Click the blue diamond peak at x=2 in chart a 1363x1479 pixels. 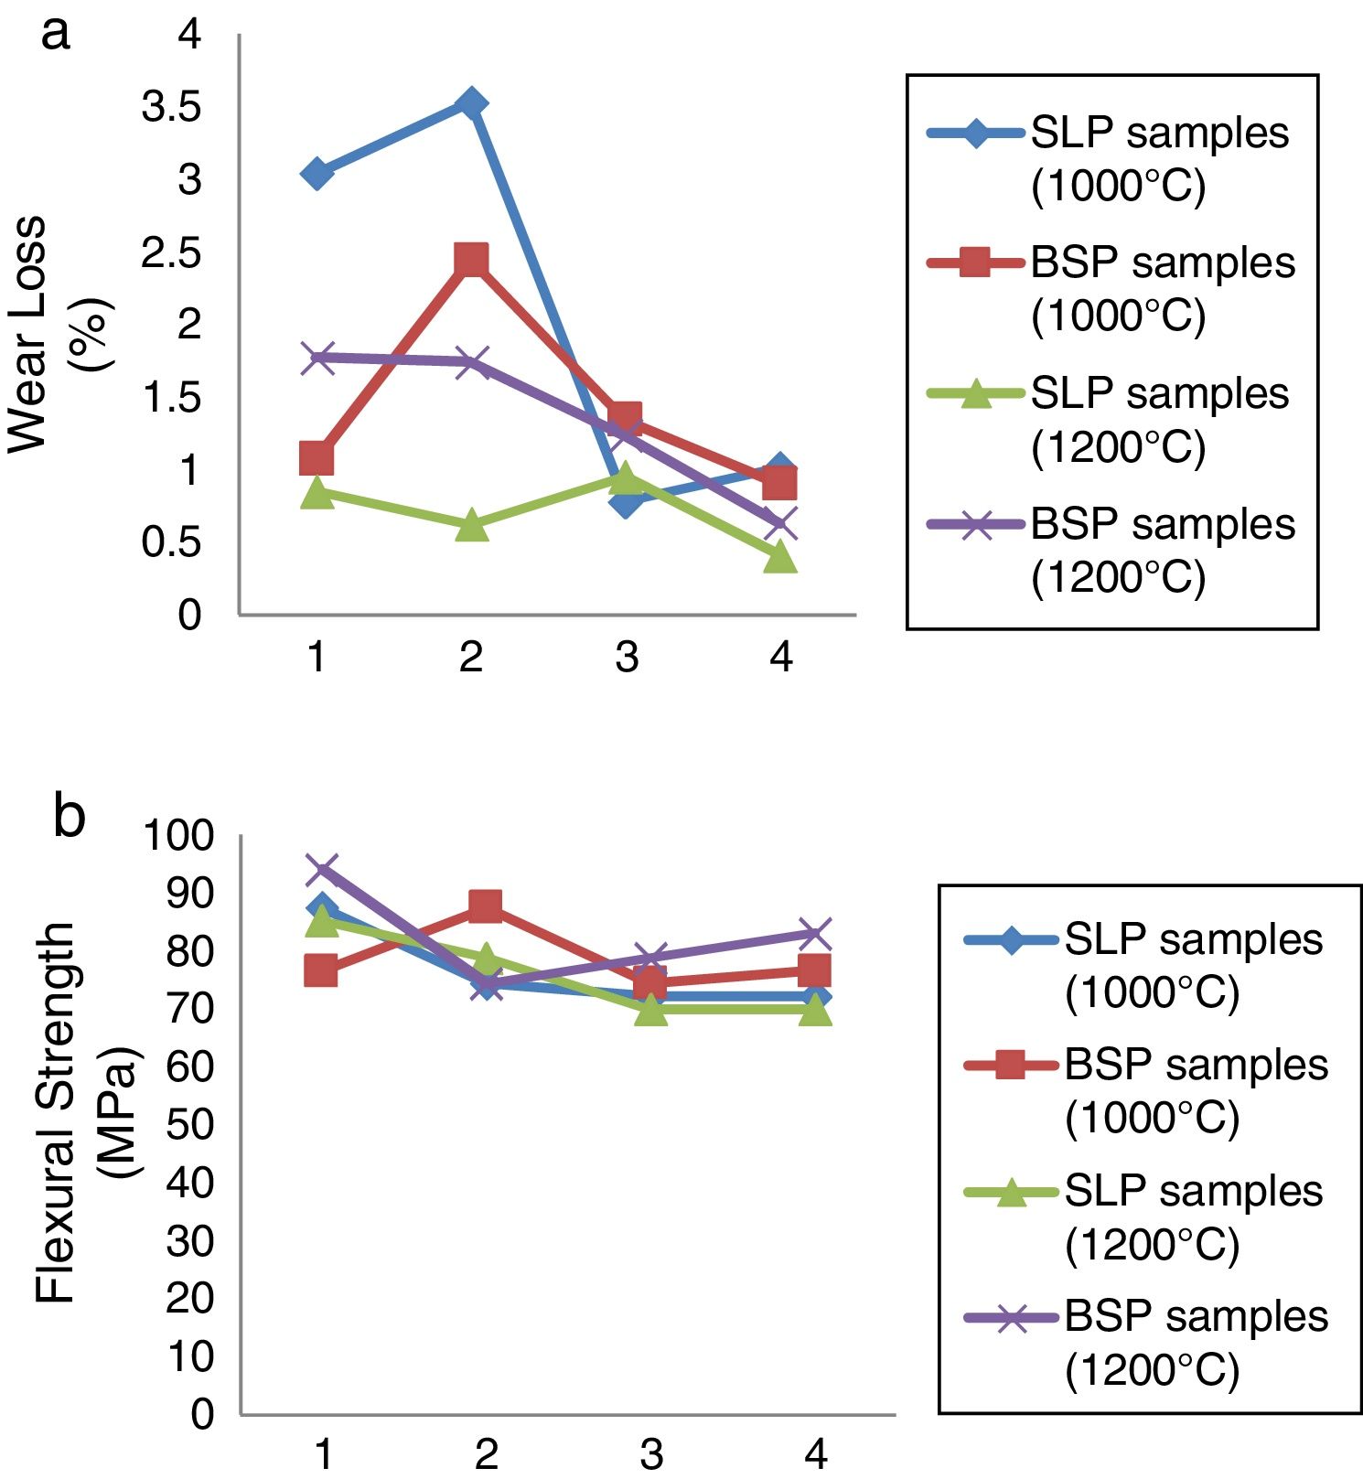tap(471, 103)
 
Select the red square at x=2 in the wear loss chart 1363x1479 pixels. tap(471, 261)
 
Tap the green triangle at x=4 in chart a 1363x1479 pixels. tap(780, 555)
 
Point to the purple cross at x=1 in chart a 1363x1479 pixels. tap(317, 357)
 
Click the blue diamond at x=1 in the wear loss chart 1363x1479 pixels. tap(317, 173)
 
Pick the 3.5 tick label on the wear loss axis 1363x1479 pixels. tap(171, 107)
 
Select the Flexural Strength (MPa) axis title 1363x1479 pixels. tap(87, 1111)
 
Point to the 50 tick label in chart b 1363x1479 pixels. tap(189, 1124)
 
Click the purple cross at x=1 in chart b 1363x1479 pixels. tap(322, 870)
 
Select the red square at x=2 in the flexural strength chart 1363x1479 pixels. tap(485, 906)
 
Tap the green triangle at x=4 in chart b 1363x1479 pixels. tap(815, 1010)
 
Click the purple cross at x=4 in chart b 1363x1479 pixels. tap(815, 935)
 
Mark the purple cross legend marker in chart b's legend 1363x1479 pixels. tap(1011, 1318)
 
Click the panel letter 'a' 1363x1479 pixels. tap(55, 34)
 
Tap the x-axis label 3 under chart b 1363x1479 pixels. tap(650, 1453)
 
